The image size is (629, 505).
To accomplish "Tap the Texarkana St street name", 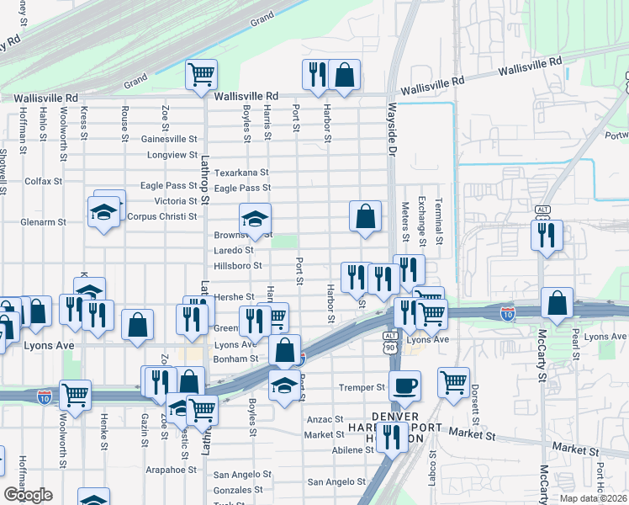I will click(241, 172).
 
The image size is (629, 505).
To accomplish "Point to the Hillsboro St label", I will click(238, 265).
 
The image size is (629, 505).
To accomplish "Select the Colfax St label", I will click(44, 181).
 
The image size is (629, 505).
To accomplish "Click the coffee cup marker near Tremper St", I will click(404, 385).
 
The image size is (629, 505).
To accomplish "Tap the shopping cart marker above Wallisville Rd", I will click(201, 75).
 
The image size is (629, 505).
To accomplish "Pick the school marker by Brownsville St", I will click(256, 220).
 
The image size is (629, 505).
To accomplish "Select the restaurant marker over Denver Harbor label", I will click(392, 436).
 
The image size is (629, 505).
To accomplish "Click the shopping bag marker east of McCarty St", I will click(557, 303).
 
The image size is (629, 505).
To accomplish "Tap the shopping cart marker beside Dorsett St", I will click(453, 383).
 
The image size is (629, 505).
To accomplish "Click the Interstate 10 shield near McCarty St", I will click(507, 313).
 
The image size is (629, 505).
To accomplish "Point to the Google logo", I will click(28, 495).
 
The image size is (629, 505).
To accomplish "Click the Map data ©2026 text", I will click(594, 498).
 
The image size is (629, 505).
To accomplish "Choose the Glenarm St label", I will click(45, 223).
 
